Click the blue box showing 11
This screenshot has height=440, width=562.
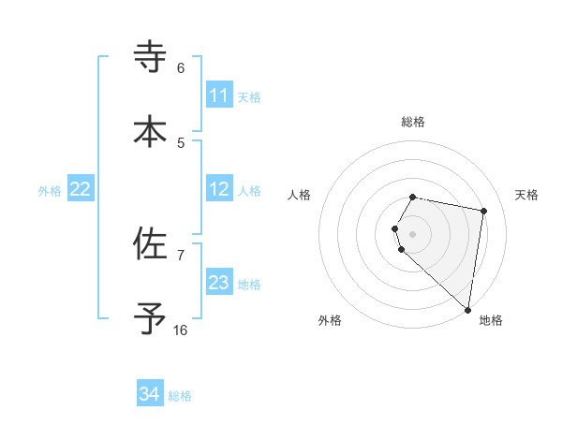tap(219, 95)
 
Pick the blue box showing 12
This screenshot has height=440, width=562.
tap(219, 190)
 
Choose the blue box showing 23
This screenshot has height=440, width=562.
tap(219, 284)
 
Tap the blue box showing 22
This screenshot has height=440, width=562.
tap(81, 190)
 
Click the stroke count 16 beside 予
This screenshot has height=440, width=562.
tap(181, 330)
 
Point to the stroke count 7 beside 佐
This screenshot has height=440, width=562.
tap(181, 255)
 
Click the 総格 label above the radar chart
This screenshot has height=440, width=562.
tap(413, 122)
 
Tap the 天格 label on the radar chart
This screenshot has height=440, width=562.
tap(526, 195)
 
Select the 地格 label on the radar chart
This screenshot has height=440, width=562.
tap(491, 320)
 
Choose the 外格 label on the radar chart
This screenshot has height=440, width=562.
tap(330, 320)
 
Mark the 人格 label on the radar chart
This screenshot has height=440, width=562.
tap(300, 195)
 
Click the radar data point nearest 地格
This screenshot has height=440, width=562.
tap(467, 310)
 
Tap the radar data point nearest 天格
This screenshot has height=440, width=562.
tap(483, 212)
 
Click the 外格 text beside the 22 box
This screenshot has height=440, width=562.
tap(50, 191)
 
